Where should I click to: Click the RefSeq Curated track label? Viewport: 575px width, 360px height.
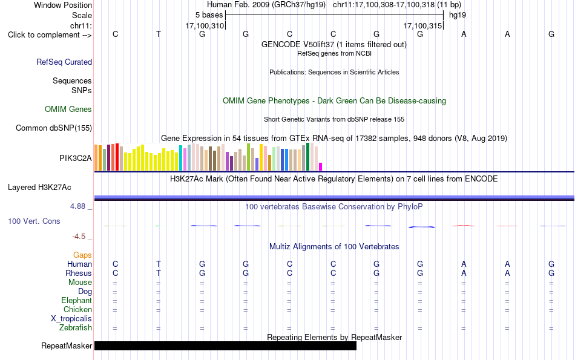click(64, 62)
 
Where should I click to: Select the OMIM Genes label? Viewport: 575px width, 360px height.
click(68, 110)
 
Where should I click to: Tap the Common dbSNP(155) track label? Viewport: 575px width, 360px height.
click(54, 128)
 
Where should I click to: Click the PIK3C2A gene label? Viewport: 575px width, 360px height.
click(76, 158)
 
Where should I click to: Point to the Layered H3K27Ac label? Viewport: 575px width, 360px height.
click(39, 188)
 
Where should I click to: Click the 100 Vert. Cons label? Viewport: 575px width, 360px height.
click(34, 221)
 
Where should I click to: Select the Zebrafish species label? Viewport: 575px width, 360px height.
click(76, 328)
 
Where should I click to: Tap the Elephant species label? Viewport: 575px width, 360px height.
click(77, 301)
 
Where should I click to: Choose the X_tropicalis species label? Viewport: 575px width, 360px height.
click(71, 319)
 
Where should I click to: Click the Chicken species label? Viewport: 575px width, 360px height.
click(77, 310)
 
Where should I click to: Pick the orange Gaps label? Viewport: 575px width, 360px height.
click(82, 255)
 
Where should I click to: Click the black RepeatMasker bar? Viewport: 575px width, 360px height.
click(225, 345)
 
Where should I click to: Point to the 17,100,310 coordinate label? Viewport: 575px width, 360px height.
click(205, 25)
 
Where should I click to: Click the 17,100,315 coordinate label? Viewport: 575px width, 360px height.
click(422, 25)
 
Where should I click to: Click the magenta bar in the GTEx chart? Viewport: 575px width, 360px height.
click(321, 167)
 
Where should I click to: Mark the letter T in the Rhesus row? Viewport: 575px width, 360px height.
click(159, 273)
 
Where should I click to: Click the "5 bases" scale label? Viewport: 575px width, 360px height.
click(209, 15)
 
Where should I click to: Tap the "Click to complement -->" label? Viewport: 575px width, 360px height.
click(50, 35)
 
